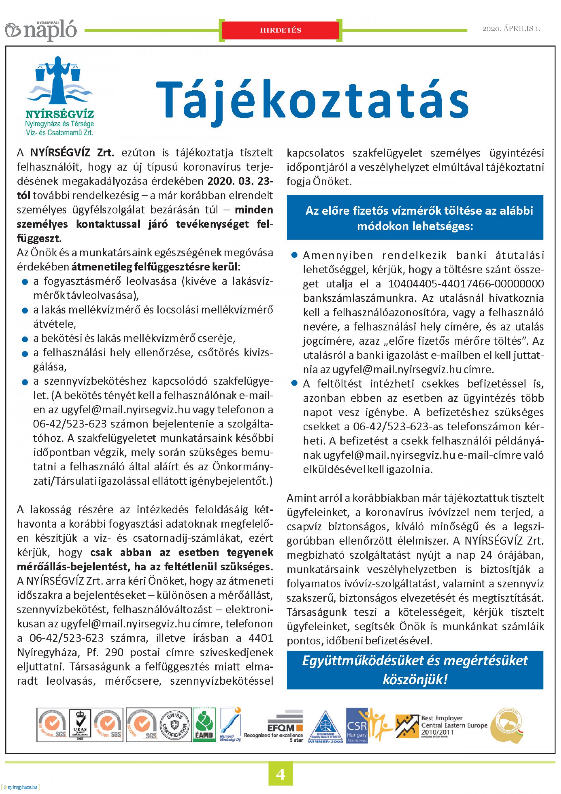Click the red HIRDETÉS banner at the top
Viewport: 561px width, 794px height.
pos(280,30)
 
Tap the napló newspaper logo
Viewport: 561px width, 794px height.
pos(41,30)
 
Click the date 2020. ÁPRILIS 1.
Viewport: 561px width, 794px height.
pos(510,29)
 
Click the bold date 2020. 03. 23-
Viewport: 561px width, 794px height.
pos(240,181)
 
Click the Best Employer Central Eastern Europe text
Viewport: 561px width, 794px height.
pos(454,725)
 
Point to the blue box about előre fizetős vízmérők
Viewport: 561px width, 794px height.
pos(415,218)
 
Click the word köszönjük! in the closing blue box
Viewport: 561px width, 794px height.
pos(415,679)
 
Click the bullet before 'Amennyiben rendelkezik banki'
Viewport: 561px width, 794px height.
pos(295,256)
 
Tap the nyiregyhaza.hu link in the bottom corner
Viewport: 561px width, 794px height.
pos(20,787)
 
